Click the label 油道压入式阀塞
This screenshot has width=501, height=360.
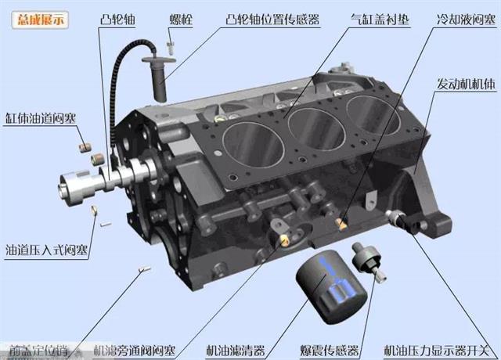[46, 251]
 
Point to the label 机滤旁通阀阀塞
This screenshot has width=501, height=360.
[134, 350]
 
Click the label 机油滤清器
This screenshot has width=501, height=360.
[236, 350]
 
